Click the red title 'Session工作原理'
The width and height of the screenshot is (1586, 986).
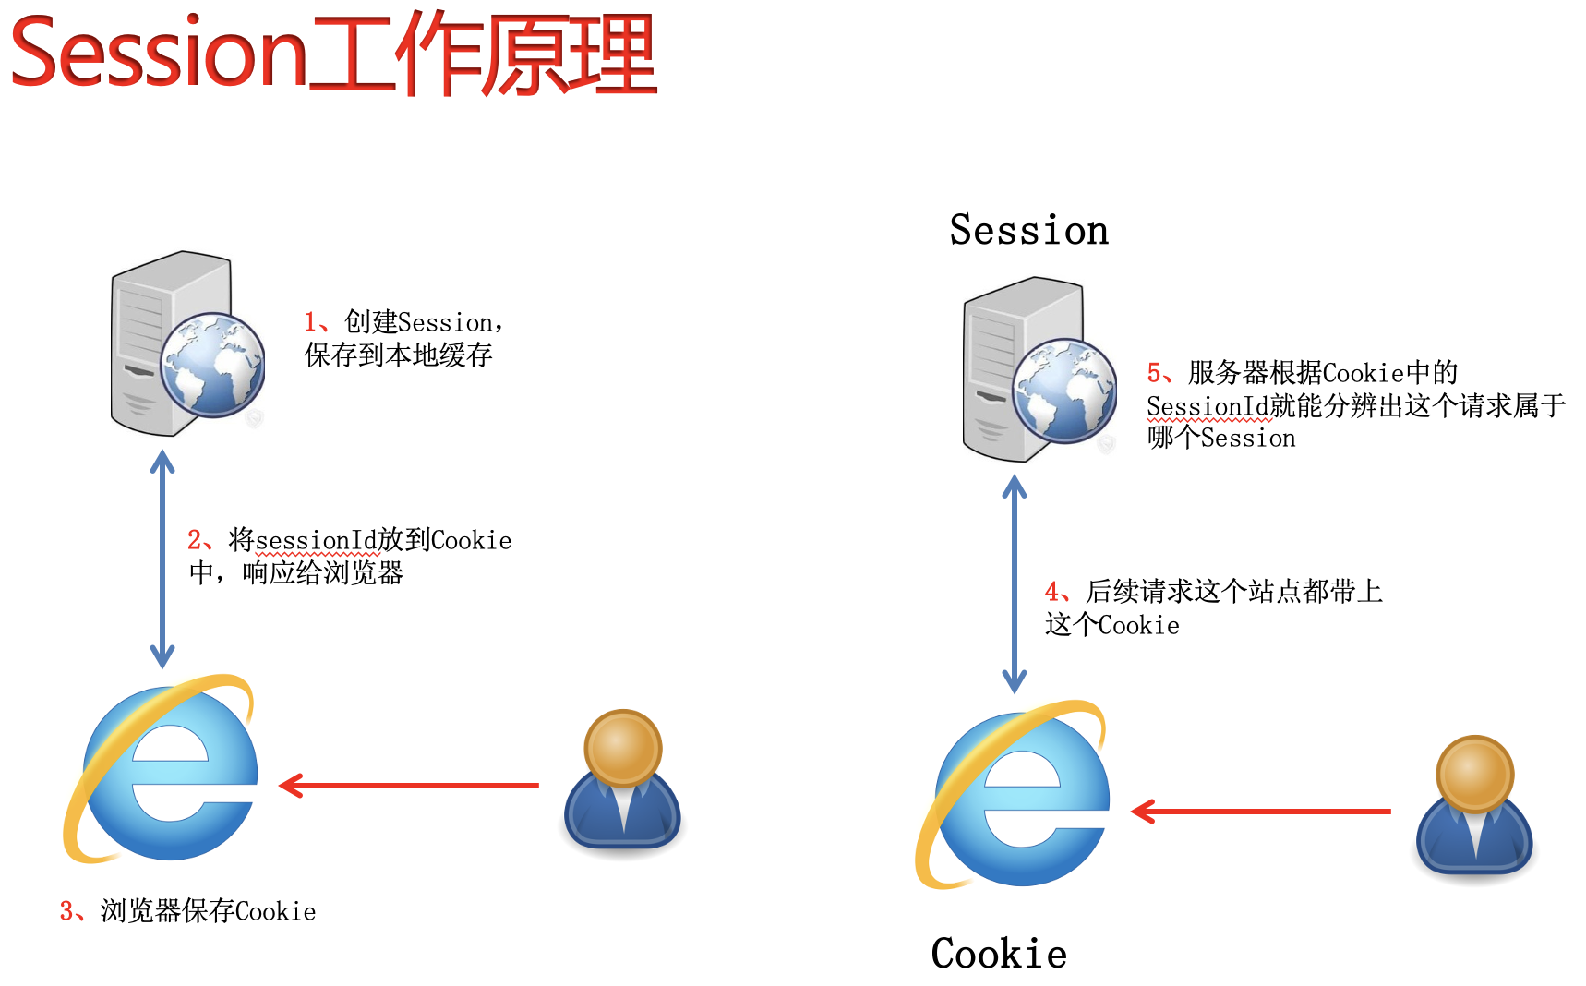[332, 54]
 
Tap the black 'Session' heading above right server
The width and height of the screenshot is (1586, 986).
[1028, 230]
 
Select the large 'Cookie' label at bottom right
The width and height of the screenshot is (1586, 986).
[999, 954]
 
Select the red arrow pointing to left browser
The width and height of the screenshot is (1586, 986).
[408, 786]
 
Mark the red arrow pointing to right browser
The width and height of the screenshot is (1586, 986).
[1260, 812]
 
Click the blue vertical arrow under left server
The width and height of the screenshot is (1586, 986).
[162, 559]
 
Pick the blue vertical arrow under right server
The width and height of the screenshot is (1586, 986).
[1015, 584]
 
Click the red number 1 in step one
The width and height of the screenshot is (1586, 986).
[310, 322]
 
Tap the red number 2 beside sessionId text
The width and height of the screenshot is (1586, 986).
[194, 540]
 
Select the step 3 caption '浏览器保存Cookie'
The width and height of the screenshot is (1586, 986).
[207, 911]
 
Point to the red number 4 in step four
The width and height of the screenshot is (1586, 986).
[1051, 592]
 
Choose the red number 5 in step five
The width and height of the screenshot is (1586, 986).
[1153, 373]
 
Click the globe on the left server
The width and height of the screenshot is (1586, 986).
[212, 365]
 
